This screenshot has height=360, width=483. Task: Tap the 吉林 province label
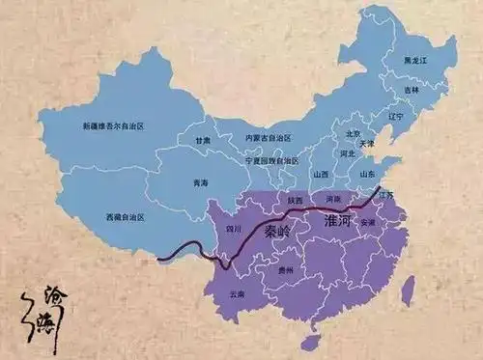[x=412, y=89]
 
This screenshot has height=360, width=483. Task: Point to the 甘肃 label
[x=203, y=141]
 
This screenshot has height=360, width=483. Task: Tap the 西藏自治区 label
[x=126, y=218]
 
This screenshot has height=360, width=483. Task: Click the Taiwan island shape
[x=408, y=290]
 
